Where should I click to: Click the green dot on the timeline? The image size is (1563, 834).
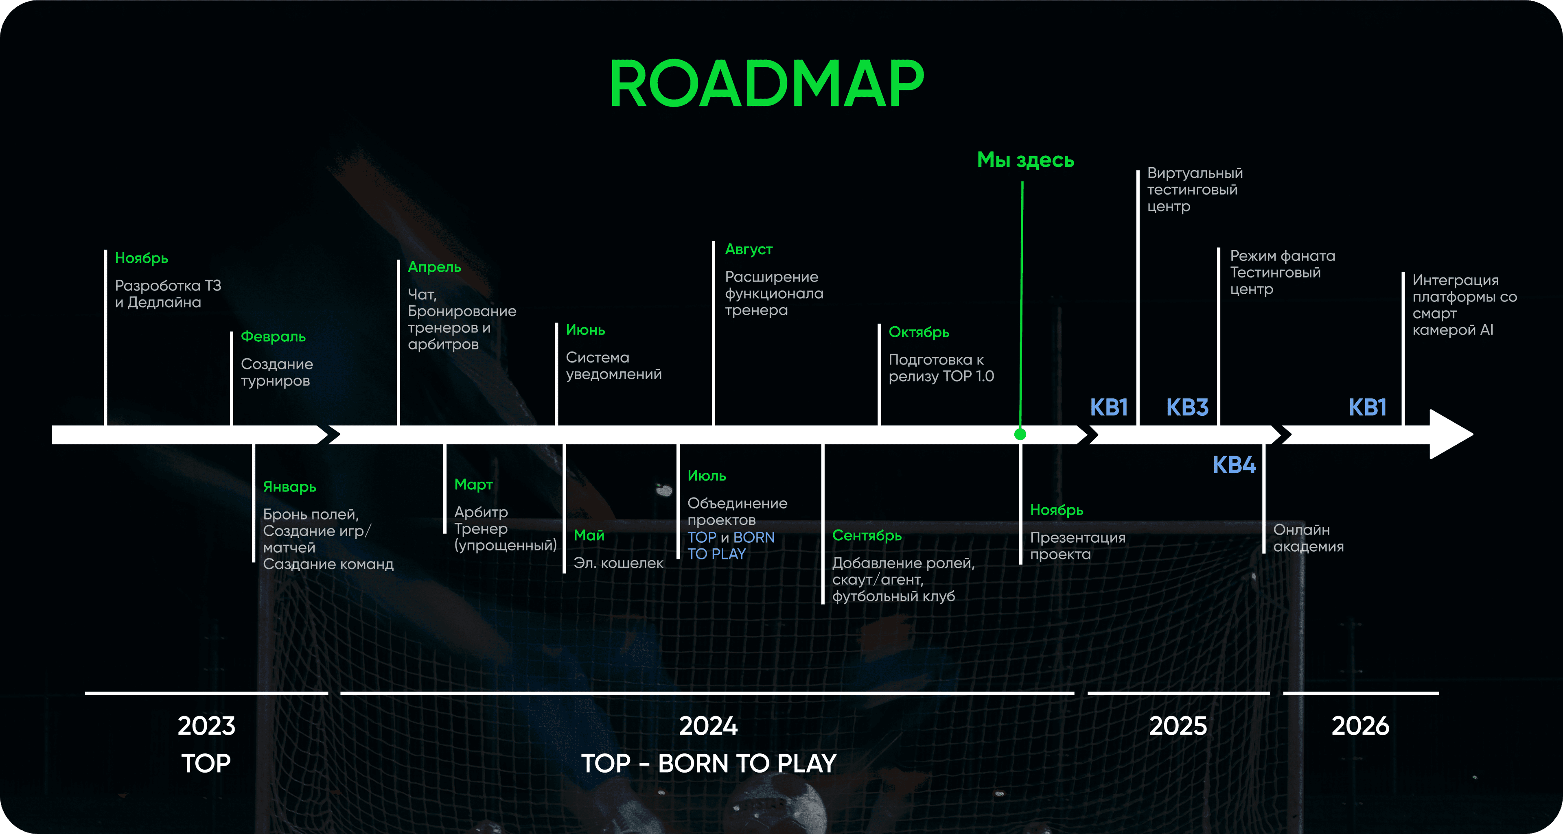pyautogui.click(x=1020, y=434)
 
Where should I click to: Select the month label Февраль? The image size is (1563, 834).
pyautogui.click(x=273, y=336)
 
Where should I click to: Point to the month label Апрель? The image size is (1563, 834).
pyautogui.click(x=434, y=267)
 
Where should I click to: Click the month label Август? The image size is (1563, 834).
pyautogui.click(x=749, y=249)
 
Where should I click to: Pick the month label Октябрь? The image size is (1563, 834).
pyautogui.click(x=919, y=332)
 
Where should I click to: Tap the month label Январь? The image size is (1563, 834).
pyautogui.click(x=289, y=487)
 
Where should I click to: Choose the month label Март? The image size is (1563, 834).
pyautogui.click(x=473, y=485)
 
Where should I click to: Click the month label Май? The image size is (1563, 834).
pyautogui.click(x=589, y=535)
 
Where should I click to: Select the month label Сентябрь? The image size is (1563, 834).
pyautogui.click(x=867, y=535)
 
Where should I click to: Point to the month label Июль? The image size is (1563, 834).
pyautogui.click(x=707, y=476)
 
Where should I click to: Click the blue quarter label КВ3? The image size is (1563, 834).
pyautogui.click(x=1187, y=407)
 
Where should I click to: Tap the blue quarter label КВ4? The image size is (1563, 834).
pyautogui.click(x=1234, y=465)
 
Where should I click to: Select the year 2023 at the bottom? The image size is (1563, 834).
pyautogui.click(x=206, y=726)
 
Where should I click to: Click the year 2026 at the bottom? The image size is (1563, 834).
pyautogui.click(x=1360, y=726)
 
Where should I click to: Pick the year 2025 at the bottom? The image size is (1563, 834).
pyautogui.click(x=1178, y=726)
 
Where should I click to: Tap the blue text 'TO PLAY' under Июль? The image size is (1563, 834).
pyautogui.click(x=716, y=554)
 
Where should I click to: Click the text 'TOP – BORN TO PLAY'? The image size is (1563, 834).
pyautogui.click(x=709, y=764)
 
